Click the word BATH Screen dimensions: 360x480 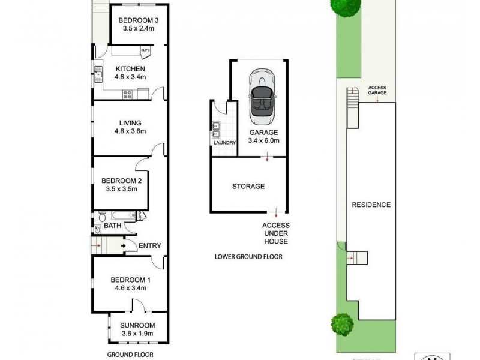pos(112,226)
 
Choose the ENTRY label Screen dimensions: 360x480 pos(149,245)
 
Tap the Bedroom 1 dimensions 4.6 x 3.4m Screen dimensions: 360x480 pos(130,288)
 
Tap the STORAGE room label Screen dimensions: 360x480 pos(248,186)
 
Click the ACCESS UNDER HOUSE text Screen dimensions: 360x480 pos(275,233)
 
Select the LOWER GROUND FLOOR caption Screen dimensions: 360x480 pos(248,257)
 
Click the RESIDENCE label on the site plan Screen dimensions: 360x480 pos(371,205)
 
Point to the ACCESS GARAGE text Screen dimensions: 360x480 pos(377,91)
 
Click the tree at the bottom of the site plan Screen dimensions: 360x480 pos(341,324)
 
